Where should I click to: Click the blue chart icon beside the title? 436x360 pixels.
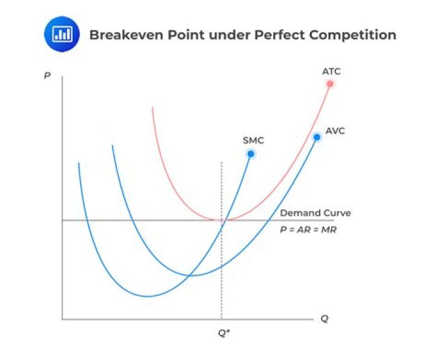click(62, 34)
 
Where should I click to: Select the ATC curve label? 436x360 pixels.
click(331, 71)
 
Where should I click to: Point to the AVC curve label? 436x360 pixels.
click(335, 131)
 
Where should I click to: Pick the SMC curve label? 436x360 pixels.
click(253, 140)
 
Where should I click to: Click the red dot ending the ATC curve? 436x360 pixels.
click(330, 83)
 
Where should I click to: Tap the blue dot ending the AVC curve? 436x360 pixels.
click(316, 138)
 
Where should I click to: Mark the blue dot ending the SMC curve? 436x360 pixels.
click(250, 154)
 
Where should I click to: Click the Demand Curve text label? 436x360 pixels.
click(315, 213)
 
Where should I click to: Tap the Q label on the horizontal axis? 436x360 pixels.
click(324, 319)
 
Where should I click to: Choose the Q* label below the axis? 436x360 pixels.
click(223, 332)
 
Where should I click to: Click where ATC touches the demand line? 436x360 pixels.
click(222, 220)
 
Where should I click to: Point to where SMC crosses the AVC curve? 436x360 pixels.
click(192, 276)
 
